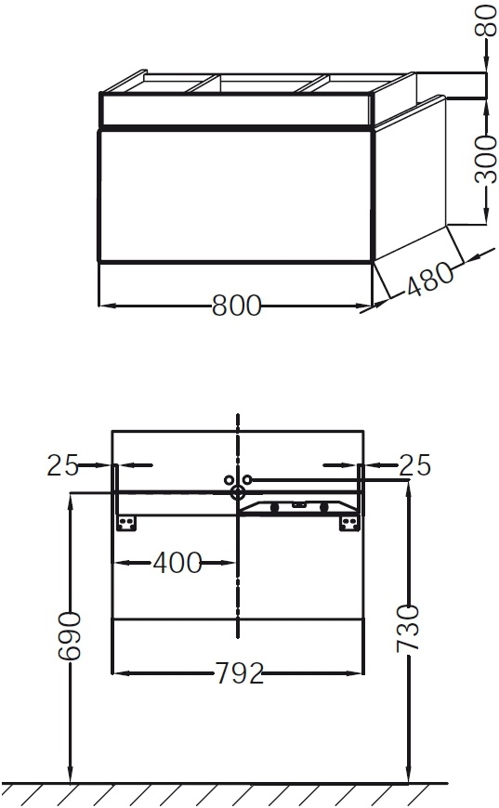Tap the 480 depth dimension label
pos(430,279)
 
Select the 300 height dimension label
pos(486,160)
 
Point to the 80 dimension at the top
pos(486,20)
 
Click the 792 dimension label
pos(239,673)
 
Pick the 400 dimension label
pos(177,563)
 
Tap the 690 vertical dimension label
pos(69,636)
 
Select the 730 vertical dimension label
pos(408,629)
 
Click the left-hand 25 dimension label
pos(62,464)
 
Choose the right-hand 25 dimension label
pos(415,464)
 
